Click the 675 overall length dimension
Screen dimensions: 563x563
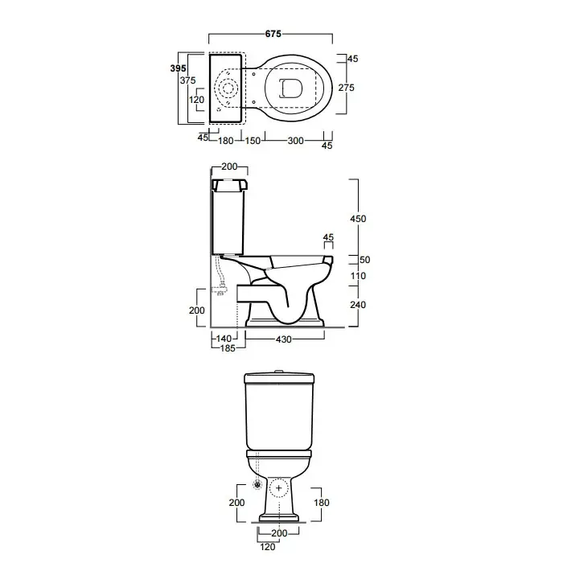(x=273, y=34)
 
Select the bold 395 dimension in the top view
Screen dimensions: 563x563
(x=178, y=68)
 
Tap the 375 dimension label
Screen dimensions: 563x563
(x=187, y=80)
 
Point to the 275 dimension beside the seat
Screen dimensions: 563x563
(x=346, y=88)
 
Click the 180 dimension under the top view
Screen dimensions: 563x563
(x=226, y=141)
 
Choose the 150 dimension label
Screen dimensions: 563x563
(x=253, y=141)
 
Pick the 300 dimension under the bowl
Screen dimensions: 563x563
(x=295, y=141)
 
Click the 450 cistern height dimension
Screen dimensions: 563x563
(x=358, y=219)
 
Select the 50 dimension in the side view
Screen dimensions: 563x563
(x=364, y=260)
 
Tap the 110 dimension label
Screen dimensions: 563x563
(x=358, y=276)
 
